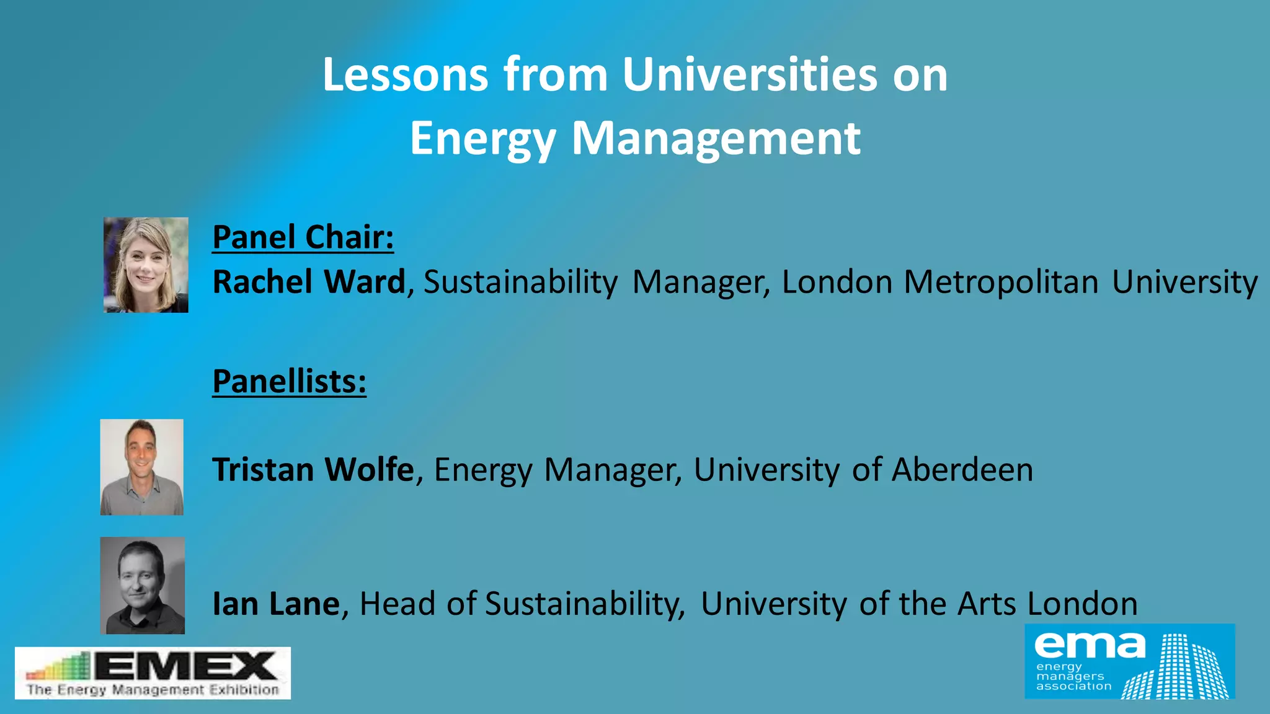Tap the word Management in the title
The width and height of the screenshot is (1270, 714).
[716, 138]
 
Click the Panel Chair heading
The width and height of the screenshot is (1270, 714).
[303, 237]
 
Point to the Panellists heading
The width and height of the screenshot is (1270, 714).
[289, 381]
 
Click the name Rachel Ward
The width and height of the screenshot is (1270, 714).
[309, 282]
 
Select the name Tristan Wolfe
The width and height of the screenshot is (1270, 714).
[313, 470]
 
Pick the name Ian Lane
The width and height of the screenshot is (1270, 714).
[276, 604]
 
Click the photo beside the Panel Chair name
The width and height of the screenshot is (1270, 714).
[146, 265]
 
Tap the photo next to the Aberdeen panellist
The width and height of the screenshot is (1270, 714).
[142, 467]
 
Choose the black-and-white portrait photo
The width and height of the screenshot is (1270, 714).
[143, 585]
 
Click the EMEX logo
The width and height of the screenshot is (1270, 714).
[153, 673]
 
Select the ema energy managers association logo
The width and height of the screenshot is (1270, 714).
[1129, 661]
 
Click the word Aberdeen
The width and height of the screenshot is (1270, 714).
[962, 470]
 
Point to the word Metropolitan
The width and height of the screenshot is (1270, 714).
[1001, 282]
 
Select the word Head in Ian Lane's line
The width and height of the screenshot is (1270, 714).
[397, 604]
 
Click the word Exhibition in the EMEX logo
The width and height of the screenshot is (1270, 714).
[244, 690]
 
